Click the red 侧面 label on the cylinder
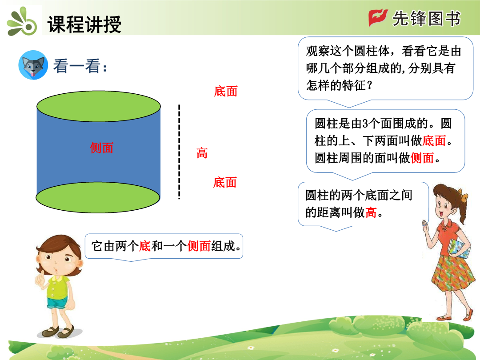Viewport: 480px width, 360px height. [102, 148]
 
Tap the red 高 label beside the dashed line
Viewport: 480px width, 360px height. [202, 153]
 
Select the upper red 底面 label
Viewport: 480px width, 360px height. [226, 92]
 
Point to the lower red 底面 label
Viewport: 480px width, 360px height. [225, 183]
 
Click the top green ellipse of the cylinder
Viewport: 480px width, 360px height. [99, 106]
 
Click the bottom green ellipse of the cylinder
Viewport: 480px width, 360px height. [98, 197]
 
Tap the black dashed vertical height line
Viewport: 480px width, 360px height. [179, 152]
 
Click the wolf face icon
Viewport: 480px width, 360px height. [33, 65]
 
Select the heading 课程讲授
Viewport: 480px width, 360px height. [84, 24]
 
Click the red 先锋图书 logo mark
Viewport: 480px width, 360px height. [378, 18]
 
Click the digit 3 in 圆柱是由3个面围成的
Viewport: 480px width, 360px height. [365, 124]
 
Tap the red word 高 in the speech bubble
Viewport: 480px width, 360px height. [371, 212]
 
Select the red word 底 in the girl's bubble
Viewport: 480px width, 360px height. [145, 246]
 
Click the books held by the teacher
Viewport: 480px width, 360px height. [459, 248]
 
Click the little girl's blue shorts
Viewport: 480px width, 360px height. [57, 303]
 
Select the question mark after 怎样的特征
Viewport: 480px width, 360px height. [370, 85]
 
